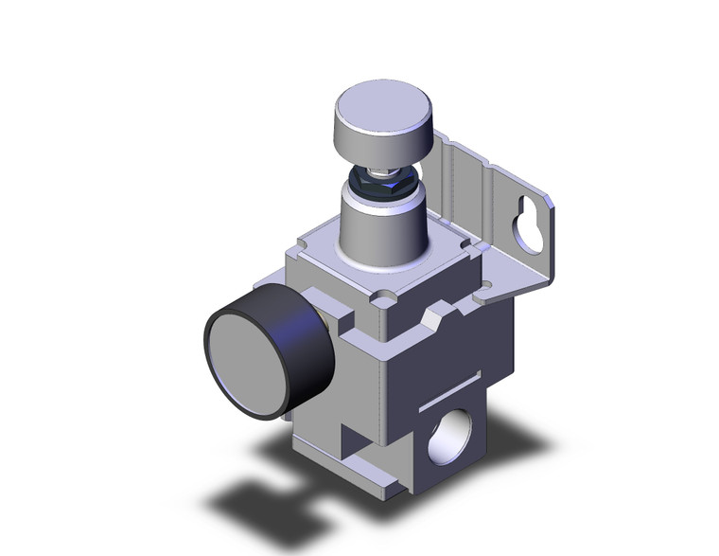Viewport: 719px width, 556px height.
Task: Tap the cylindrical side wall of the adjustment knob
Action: pos(377,142)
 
